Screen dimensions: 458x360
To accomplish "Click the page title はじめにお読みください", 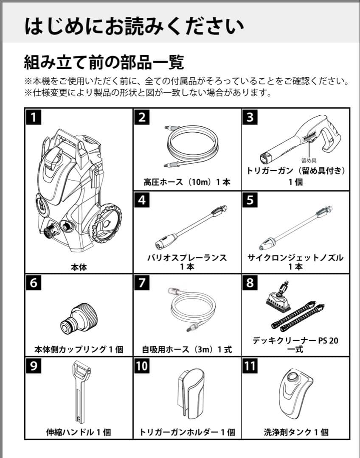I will pos(134,26).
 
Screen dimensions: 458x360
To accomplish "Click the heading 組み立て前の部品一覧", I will pos(104,62).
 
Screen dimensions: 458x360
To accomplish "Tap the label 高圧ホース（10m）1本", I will pos(187,182).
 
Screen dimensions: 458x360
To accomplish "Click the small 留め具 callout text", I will pos(309,161).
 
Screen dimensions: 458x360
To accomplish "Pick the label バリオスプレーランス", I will pos(187,258).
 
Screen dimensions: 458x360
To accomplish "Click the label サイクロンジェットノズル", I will pos(295,258).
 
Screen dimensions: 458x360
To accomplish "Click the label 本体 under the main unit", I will pos(79,267).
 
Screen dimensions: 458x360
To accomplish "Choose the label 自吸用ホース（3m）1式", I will pos(187,350).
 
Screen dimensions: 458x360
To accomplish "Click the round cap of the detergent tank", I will pos(293,377).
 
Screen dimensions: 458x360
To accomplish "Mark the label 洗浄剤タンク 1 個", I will pos(296,432).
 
